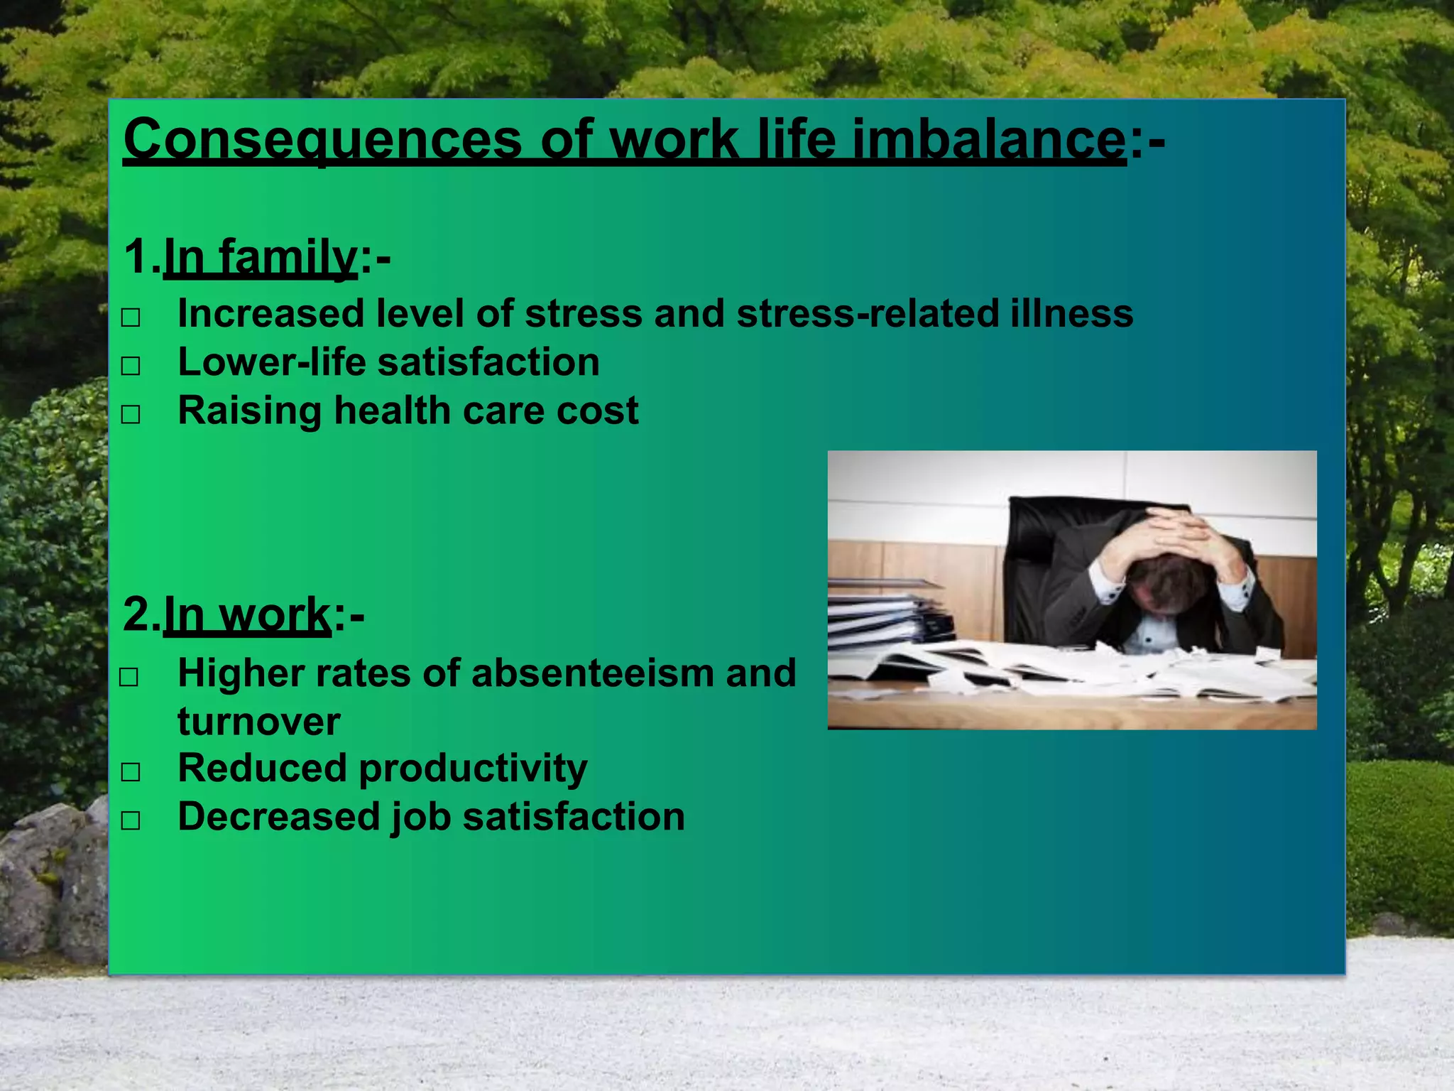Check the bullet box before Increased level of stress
pos(131,317)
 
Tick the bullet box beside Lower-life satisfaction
pos(131,366)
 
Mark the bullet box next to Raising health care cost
pos(131,414)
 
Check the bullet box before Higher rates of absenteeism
pos(129,677)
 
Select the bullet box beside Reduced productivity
pos(131,772)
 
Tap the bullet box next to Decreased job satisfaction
pos(131,820)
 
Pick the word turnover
pos(258,722)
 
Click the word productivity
pos(473,769)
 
